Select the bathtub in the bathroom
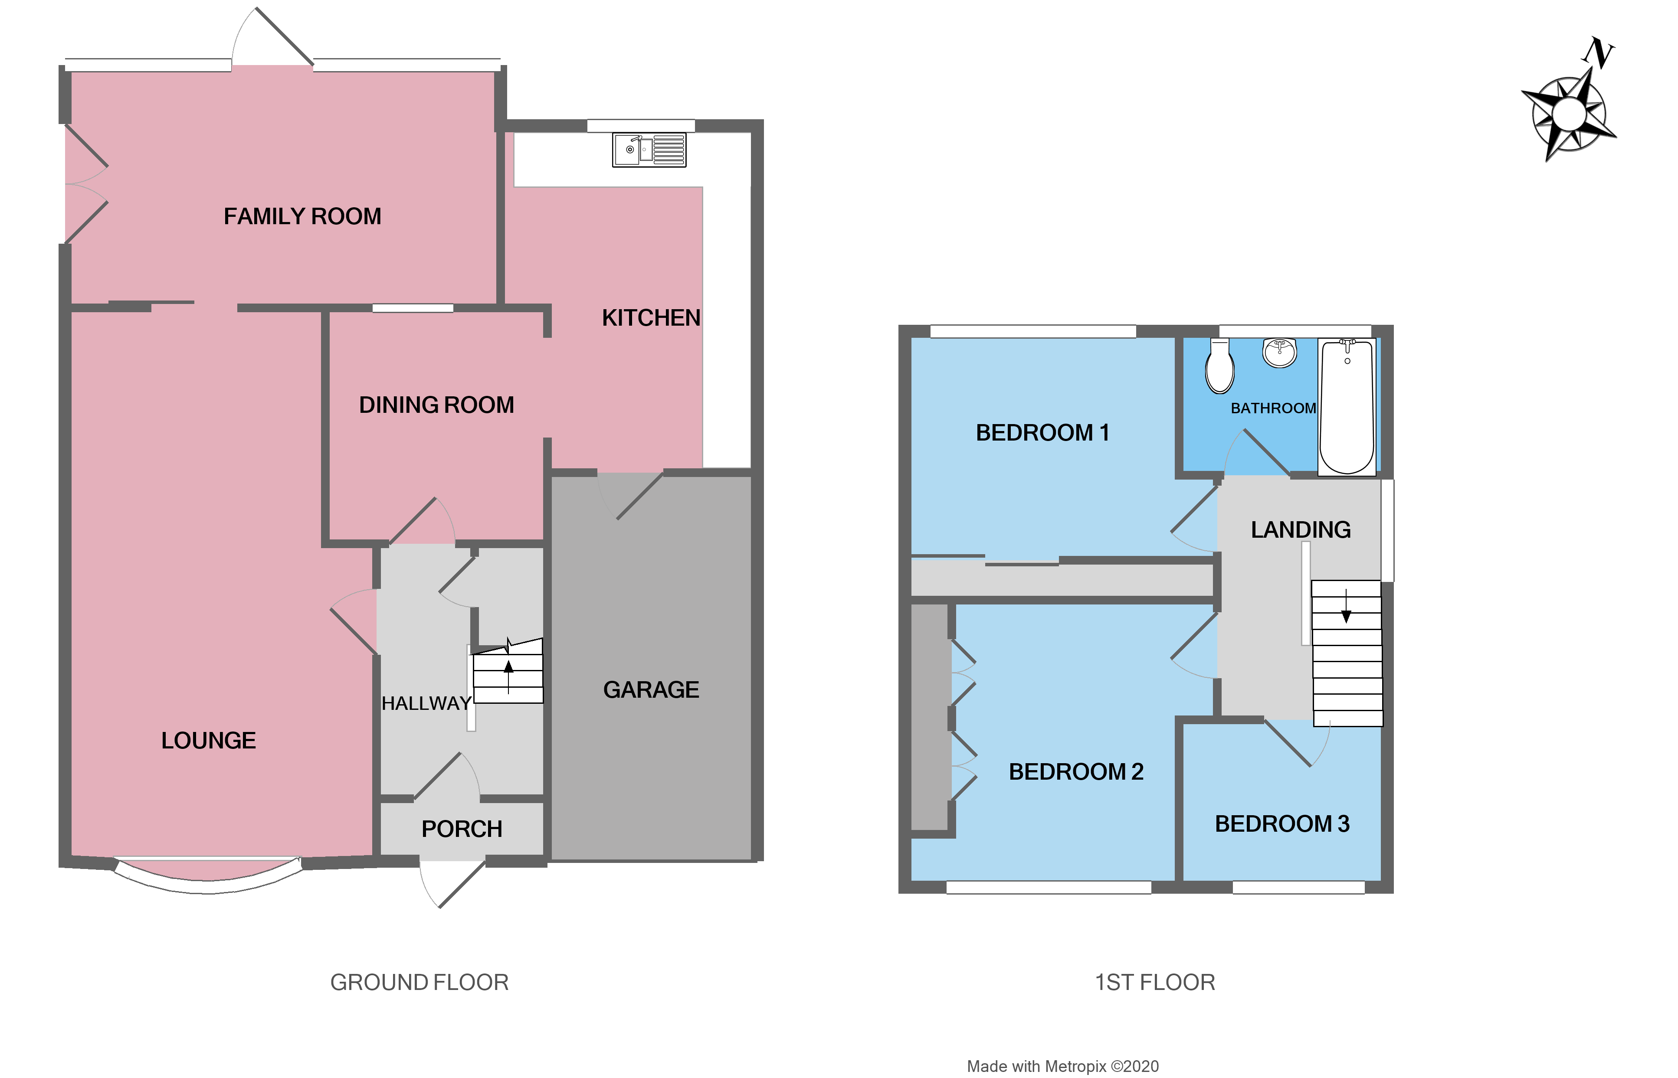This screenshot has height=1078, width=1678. click(x=1347, y=406)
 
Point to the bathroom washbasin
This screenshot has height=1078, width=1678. click(x=1279, y=352)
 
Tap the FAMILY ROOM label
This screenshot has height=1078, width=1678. click(x=302, y=216)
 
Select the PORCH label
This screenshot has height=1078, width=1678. click(x=462, y=829)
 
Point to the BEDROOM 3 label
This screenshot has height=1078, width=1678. click(x=1281, y=824)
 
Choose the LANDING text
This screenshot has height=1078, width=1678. click(x=1301, y=530)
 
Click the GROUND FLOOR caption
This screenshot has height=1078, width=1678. click(x=419, y=982)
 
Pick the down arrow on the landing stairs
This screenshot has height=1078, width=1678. click(x=1345, y=608)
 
